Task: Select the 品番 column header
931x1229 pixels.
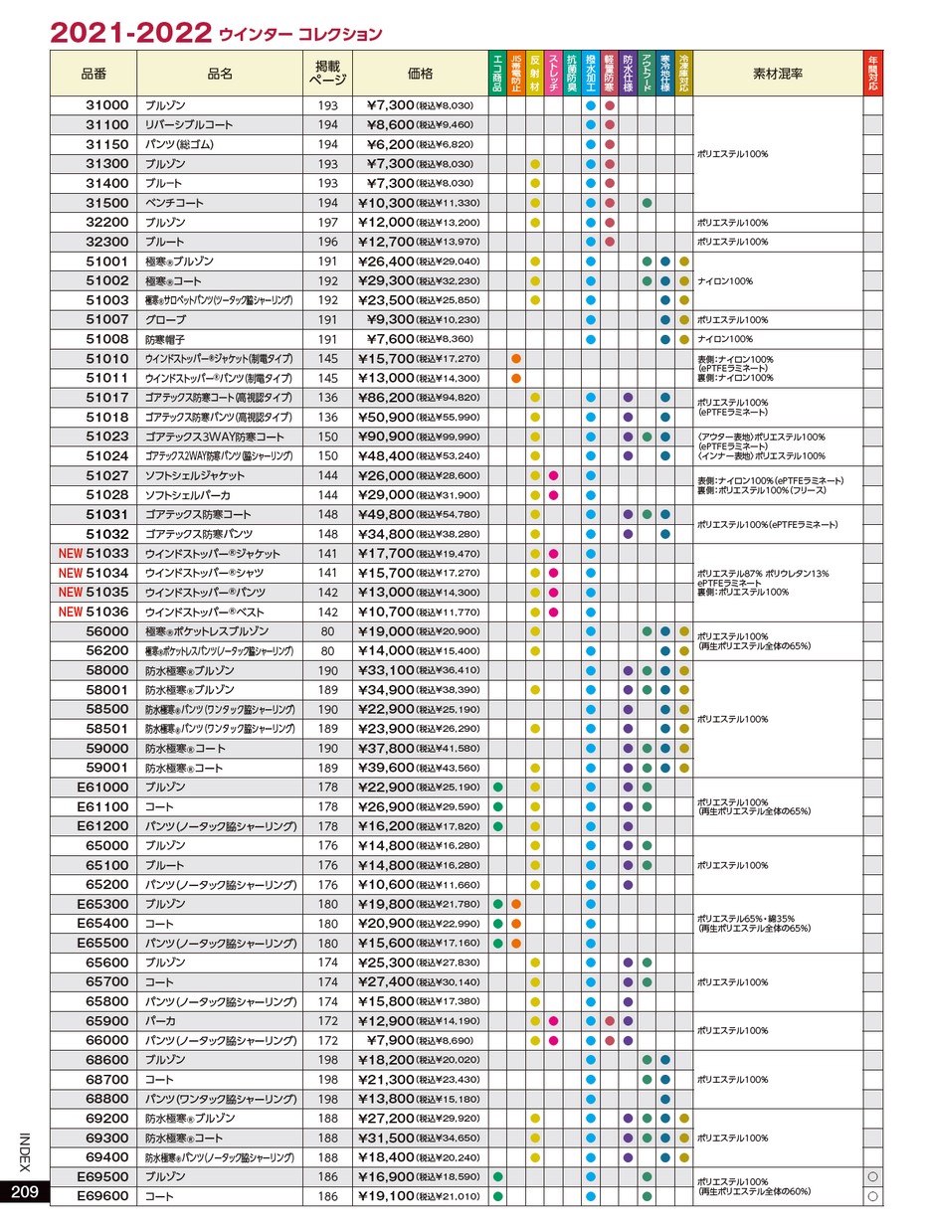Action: (93, 74)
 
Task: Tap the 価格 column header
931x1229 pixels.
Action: (420, 74)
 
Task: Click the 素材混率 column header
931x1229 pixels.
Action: (778, 74)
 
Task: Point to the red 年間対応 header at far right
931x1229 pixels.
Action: (872, 74)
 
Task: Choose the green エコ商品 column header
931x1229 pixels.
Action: (497, 74)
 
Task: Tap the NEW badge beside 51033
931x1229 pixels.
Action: (71, 554)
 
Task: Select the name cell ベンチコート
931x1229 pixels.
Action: (174, 203)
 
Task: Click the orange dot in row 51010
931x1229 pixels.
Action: (516, 359)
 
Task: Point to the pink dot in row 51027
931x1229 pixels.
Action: (553, 476)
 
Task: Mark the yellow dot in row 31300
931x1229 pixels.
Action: (535, 164)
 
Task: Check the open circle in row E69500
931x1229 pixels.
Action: (872, 1177)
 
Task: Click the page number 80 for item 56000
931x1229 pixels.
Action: (327, 631)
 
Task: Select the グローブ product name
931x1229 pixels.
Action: (165, 320)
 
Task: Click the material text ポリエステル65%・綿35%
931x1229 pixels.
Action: (746, 919)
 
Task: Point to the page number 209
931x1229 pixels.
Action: (25, 1193)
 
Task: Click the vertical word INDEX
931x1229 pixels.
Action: (25, 1153)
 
